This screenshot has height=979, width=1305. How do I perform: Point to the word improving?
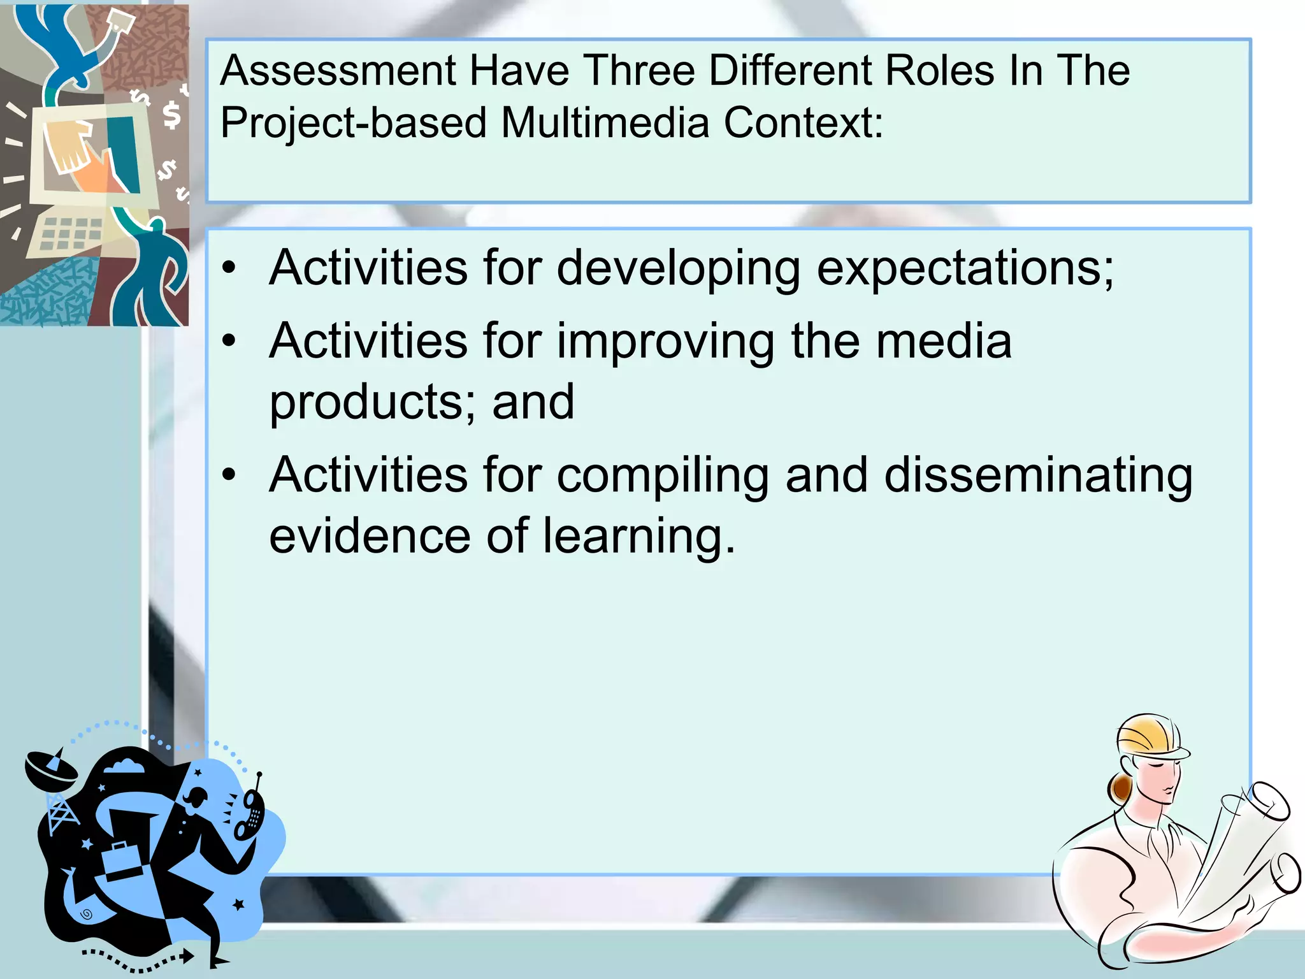tap(666, 342)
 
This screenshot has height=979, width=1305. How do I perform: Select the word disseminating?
tap(1038, 475)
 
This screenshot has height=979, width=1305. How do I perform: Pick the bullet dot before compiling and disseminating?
tap(229, 475)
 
